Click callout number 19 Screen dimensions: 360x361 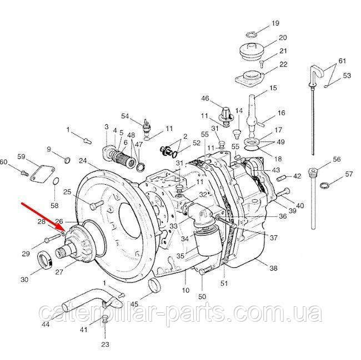(275, 23)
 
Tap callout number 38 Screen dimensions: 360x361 (273, 268)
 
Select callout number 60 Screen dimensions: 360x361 (4, 162)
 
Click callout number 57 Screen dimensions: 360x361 (349, 174)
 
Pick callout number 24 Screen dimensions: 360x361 (83, 161)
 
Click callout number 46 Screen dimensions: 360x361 (205, 99)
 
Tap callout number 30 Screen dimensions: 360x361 (24, 280)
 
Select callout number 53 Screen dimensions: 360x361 (347, 75)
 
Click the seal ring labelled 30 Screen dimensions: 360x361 (44, 260)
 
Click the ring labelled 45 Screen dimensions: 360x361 (156, 286)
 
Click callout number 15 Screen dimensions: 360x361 (273, 88)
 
